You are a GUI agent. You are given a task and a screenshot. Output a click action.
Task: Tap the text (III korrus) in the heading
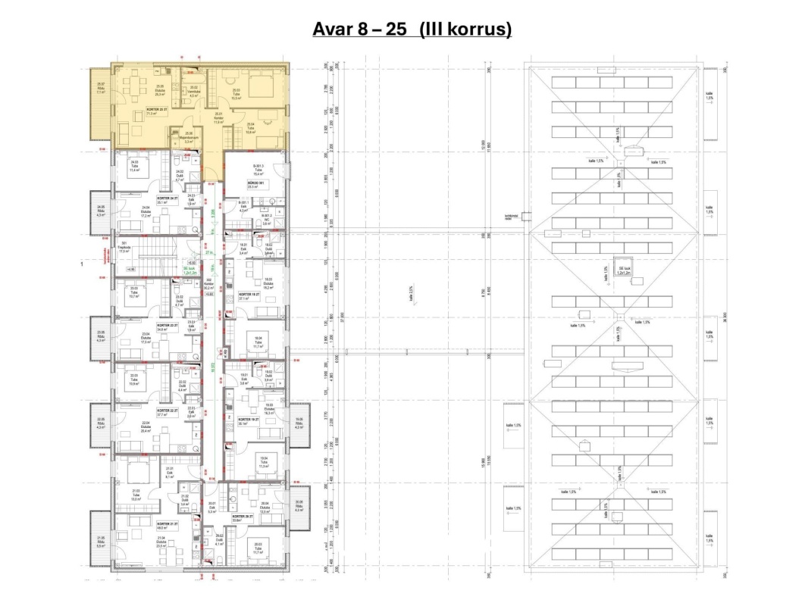pyautogui.click(x=465, y=30)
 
